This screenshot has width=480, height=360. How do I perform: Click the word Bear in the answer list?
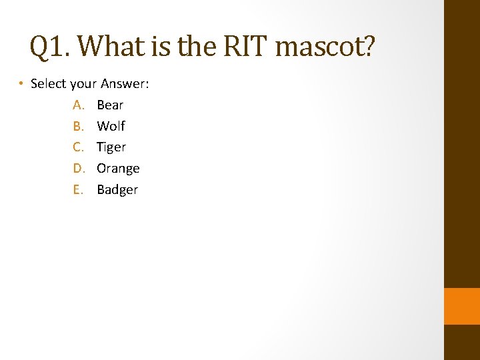pyautogui.click(x=110, y=105)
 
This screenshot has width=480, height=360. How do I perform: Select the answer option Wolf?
pyautogui.click(x=111, y=126)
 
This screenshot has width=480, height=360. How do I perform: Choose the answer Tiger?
pyautogui.click(x=111, y=147)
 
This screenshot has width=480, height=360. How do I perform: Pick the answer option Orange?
pyautogui.click(x=118, y=169)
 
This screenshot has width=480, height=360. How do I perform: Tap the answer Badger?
pyautogui.click(x=117, y=190)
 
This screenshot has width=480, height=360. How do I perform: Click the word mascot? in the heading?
pyautogui.click(x=325, y=47)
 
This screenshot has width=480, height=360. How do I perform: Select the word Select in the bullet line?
pyautogui.click(x=48, y=84)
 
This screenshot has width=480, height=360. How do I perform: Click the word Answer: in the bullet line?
pyautogui.click(x=125, y=84)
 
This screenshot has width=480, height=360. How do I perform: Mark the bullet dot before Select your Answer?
pyautogui.click(x=22, y=84)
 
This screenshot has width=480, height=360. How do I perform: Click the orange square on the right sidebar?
pyautogui.click(x=462, y=306)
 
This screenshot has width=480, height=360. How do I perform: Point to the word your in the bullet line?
pyautogui.click(x=83, y=85)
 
